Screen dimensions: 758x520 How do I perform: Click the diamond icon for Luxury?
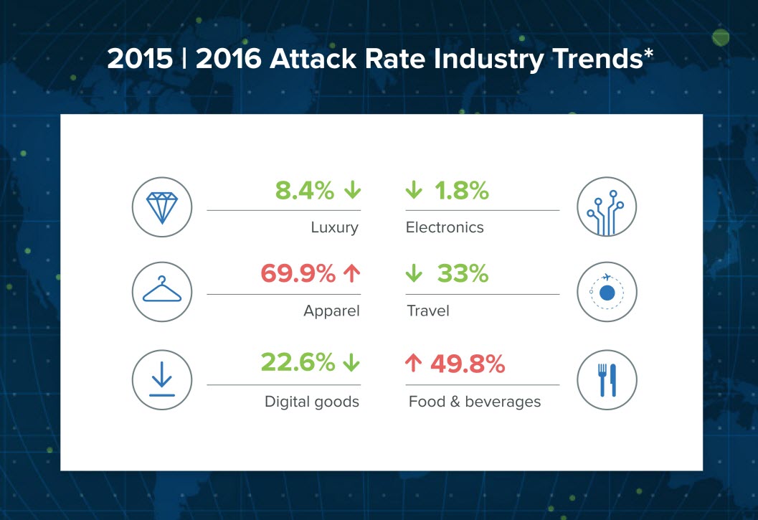click(x=162, y=207)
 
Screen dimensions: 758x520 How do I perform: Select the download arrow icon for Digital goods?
click(x=162, y=379)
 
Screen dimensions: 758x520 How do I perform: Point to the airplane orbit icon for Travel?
click(x=607, y=292)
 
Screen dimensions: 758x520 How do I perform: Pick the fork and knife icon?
click(x=607, y=380)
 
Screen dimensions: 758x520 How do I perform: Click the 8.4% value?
click(x=305, y=190)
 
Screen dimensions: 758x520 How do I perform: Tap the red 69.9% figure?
click(x=298, y=273)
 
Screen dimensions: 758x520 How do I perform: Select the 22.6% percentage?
click(x=298, y=361)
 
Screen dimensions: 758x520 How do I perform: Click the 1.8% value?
click(x=462, y=190)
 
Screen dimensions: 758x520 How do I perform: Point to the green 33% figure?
click(x=463, y=273)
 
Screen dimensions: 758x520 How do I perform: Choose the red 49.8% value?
click(x=468, y=364)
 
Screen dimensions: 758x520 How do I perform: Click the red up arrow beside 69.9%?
click(x=352, y=274)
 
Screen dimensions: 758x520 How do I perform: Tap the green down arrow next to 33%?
click(x=414, y=273)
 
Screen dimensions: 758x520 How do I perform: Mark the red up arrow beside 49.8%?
click(x=413, y=363)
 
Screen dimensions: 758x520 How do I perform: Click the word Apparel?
click(x=331, y=311)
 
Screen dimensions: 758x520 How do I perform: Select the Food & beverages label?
click(x=475, y=402)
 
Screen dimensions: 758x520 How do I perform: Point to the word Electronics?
click(x=445, y=227)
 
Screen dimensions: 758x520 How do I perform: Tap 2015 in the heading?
click(x=140, y=59)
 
